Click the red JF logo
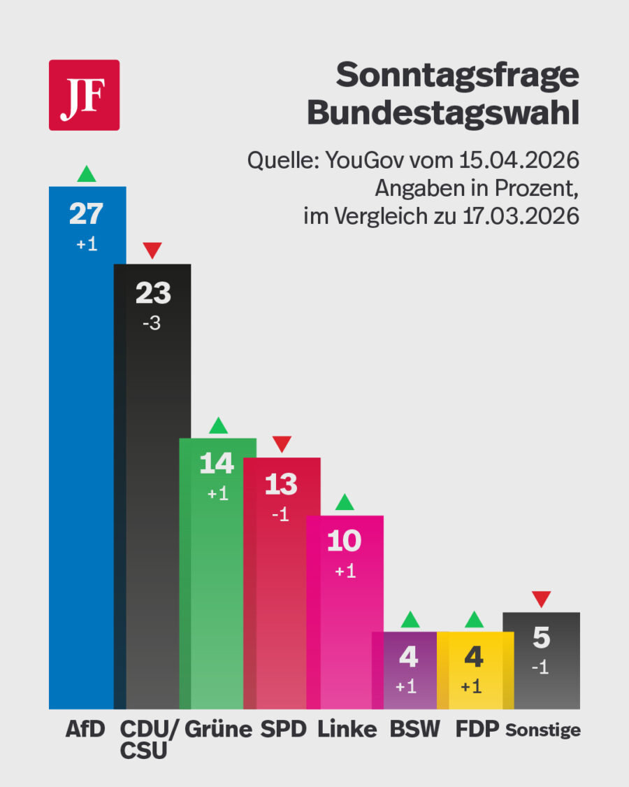click(x=84, y=95)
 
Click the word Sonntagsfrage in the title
click(x=458, y=76)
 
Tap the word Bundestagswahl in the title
click(x=444, y=113)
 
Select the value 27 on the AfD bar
click(x=86, y=214)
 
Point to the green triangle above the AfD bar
click(x=86, y=173)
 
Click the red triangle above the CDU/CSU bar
click(x=152, y=250)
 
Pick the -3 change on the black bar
click(x=152, y=325)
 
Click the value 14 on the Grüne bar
click(x=217, y=464)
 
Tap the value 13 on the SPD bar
click(x=281, y=484)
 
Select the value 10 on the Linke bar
click(x=345, y=541)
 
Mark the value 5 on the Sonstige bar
click(x=541, y=638)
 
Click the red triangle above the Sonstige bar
click(x=541, y=599)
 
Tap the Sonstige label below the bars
click(x=543, y=730)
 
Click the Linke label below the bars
click(x=347, y=730)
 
